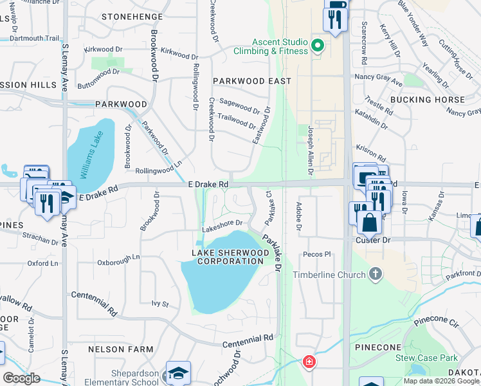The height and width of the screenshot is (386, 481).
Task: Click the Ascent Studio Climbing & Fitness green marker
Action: [x=316, y=46]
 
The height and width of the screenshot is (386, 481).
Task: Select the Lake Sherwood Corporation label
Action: [x=230, y=257]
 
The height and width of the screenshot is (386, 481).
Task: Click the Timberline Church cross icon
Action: [x=376, y=275]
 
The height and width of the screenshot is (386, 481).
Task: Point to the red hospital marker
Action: [x=310, y=362]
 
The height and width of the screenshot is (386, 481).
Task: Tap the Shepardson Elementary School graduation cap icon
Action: [x=178, y=372]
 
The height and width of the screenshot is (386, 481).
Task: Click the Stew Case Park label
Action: [x=426, y=358]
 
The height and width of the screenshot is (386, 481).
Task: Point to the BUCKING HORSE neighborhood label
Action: [x=427, y=100]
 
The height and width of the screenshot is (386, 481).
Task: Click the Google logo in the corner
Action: [x=22, y=378]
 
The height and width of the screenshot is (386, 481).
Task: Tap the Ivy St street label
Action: [x=159, y=303]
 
